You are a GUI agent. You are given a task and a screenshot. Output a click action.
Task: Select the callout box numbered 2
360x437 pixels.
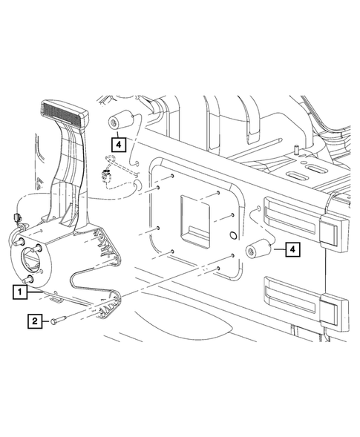pyautogui.click(x=33, y=321)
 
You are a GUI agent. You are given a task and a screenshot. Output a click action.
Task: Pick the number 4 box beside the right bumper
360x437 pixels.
pyautogui.click(x=295, y=250)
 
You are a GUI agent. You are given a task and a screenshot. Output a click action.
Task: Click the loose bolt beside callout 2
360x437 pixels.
pyautogui.click(x=61, y=321)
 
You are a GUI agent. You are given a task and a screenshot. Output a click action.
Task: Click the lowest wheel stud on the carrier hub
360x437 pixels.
pyautogui.click(x=28, y=279)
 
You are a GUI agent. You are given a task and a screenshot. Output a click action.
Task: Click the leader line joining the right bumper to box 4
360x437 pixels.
pyautogui.click(x=277, y=251)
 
